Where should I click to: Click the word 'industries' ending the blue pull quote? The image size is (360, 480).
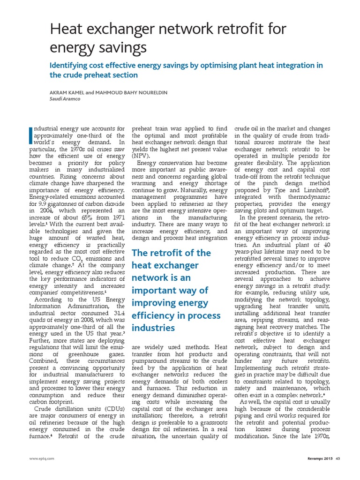[x=154, y=327]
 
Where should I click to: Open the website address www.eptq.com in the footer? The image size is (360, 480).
[x=41, y=471]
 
